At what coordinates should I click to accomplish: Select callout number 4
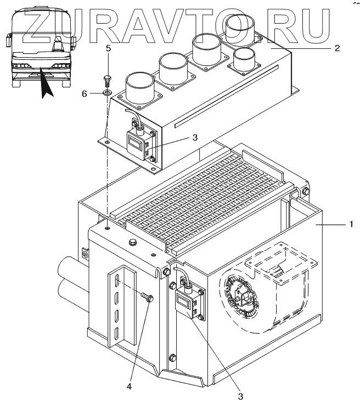click(x=130, y=387)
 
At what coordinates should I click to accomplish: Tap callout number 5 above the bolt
click(x=108, y=48)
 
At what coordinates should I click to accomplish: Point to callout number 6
click(x=85, y=94)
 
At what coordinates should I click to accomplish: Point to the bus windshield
click(x=41, y=39)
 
